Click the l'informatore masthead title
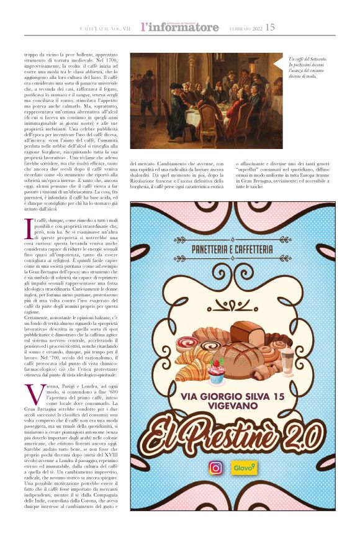click(179, 27)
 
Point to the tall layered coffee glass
click(287, 362)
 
